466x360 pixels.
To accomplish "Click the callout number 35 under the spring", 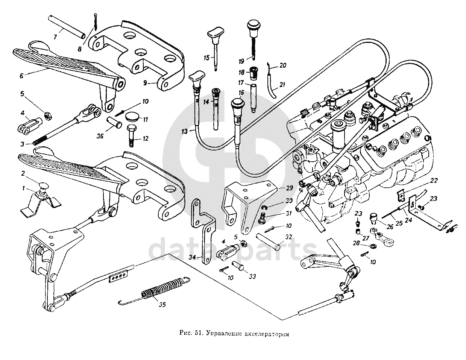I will point(162,305).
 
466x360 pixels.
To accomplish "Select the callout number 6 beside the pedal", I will point(21,75).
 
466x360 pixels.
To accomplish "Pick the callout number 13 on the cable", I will point(184,131).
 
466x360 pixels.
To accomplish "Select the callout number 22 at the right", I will point(434,181).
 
